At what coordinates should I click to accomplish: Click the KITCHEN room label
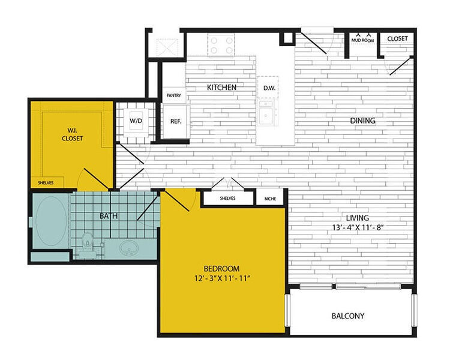pyautogui.click(x=221, y=88)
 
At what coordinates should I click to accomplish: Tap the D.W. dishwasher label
pyautogui.click(x=268, y=88)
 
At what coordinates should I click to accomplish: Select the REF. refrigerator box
pyautogui.click(x=176, y=121)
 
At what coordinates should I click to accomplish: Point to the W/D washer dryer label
pyautogui.click(x=136, y=121)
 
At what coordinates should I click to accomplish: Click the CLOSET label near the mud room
pyautogui.click(x=397, y=39)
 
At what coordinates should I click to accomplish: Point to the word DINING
pyautogui.click(x=363, y=121)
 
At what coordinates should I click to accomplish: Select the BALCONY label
pyautogui.click(x=348, y=316)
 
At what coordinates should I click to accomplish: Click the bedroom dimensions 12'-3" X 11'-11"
pyautogui.click(x=222, y=278)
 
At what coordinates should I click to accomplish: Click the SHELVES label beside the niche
pyautogui.click(x=227, y=198)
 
